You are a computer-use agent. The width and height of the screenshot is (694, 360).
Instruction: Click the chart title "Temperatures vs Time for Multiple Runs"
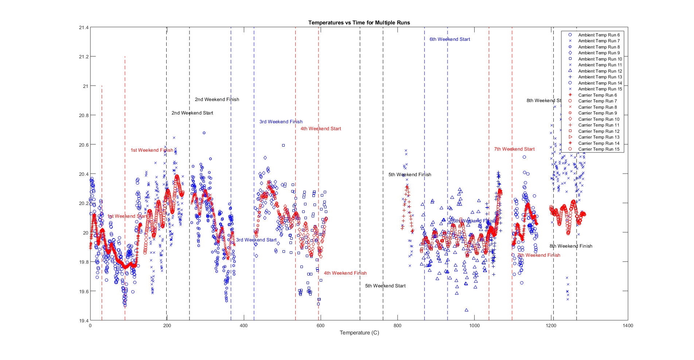(x=359, y=23)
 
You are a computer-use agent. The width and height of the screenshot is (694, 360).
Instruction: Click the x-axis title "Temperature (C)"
(x=359, y=333)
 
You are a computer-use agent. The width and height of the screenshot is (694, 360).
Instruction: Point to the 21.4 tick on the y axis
(x=83, y=28)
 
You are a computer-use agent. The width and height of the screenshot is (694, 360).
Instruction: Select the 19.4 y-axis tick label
(x=83, y=321)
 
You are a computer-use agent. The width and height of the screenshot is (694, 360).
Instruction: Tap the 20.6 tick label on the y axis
(x=83, y=145)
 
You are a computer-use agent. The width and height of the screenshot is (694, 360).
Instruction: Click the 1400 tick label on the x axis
(x=628, y=326)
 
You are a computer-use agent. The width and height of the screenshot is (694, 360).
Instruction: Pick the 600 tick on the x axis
(x=320, y=326)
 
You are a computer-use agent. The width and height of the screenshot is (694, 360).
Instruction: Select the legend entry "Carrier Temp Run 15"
(x=599, y=149)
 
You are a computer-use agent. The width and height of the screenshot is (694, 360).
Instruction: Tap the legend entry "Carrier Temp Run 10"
(x=599, y=119)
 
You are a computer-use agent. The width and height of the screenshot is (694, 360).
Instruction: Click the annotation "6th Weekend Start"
(x=449, y=39)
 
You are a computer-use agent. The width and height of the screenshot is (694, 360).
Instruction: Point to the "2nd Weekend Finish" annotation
(x=217, y=100)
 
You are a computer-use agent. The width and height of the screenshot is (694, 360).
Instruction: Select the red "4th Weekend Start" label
(x=321, y=129)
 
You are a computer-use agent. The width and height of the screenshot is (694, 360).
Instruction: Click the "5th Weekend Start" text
(x=385, y=286)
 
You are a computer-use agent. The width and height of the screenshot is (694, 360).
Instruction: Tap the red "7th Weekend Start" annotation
(x=514, y=149)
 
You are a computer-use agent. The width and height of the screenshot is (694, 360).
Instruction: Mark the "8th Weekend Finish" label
(x=571, y=246)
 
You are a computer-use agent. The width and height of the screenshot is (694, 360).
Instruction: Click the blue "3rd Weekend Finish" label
(x=281, y=122)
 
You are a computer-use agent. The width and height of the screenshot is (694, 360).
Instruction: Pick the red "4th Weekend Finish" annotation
(x=345, y=273)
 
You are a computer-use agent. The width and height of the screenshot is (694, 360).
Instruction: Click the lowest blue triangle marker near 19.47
(x=466, y=310)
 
